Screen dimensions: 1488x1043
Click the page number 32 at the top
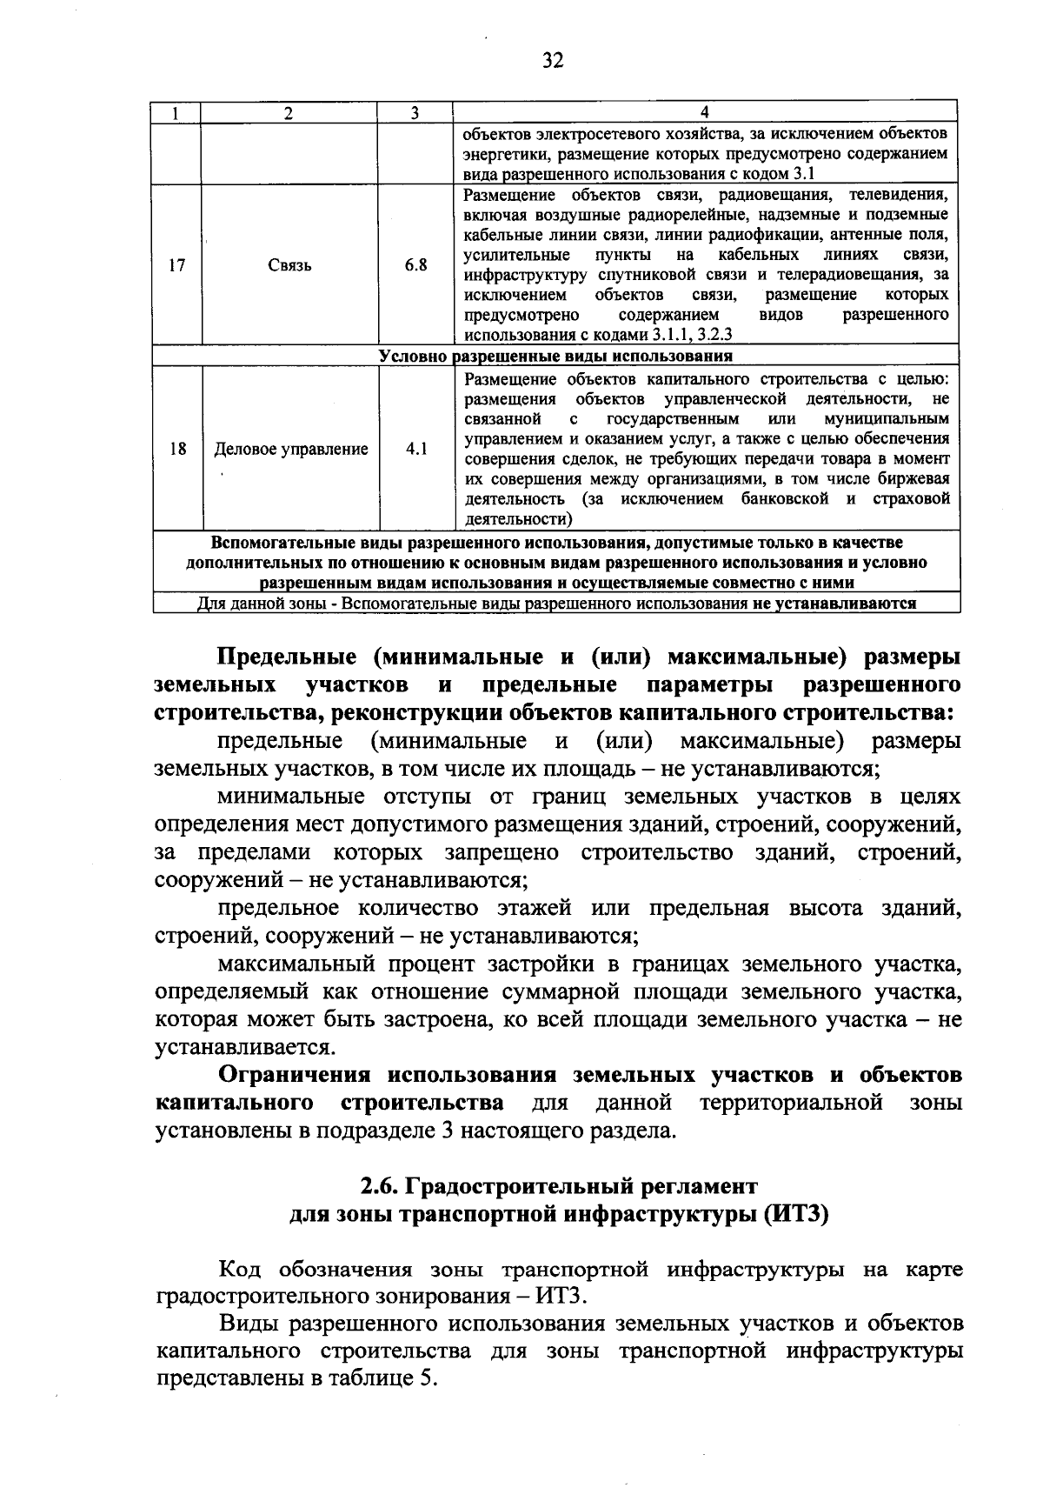553,60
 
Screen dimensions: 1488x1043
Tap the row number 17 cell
176,265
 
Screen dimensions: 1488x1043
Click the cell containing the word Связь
289,265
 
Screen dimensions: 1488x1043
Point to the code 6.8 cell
415,265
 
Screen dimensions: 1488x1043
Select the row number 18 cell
177,449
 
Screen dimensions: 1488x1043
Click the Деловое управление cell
291,449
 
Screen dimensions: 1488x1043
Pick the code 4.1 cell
416,449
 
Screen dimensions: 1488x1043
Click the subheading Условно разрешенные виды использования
555,357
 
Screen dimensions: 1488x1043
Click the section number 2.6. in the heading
379,1186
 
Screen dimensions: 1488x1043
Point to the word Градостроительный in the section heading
506,1186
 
